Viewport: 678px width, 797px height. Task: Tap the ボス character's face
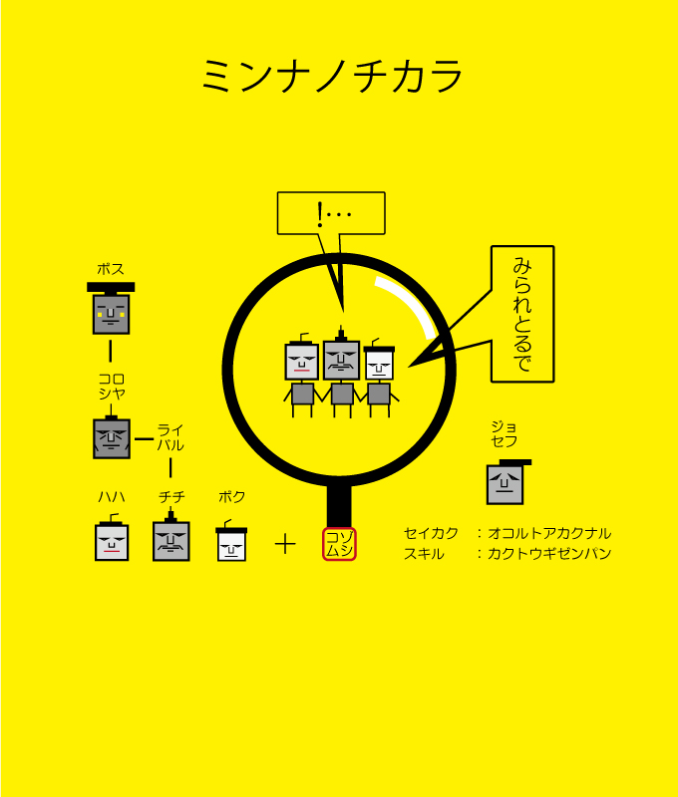coord(111,313)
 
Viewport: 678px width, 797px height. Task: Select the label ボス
coord(111,269)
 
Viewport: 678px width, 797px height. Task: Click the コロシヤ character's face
coord(112,437)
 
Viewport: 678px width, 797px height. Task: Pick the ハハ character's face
coord(112,542)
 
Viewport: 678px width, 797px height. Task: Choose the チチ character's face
coord(171,541)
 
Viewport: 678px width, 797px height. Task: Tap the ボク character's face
coord(231,544)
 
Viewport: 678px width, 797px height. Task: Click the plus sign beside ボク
coord(285,544)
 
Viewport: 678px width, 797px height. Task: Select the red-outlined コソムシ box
coord(339,544)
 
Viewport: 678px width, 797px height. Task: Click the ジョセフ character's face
coord(505,483)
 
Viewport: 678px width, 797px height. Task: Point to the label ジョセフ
coord(505,433)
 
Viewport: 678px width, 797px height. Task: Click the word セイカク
coord(431,533)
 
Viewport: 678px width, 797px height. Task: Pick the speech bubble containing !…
coord(330,213)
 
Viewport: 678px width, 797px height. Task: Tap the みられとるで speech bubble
coord(521,314)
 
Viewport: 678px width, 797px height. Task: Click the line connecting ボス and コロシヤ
coord(111,351)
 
